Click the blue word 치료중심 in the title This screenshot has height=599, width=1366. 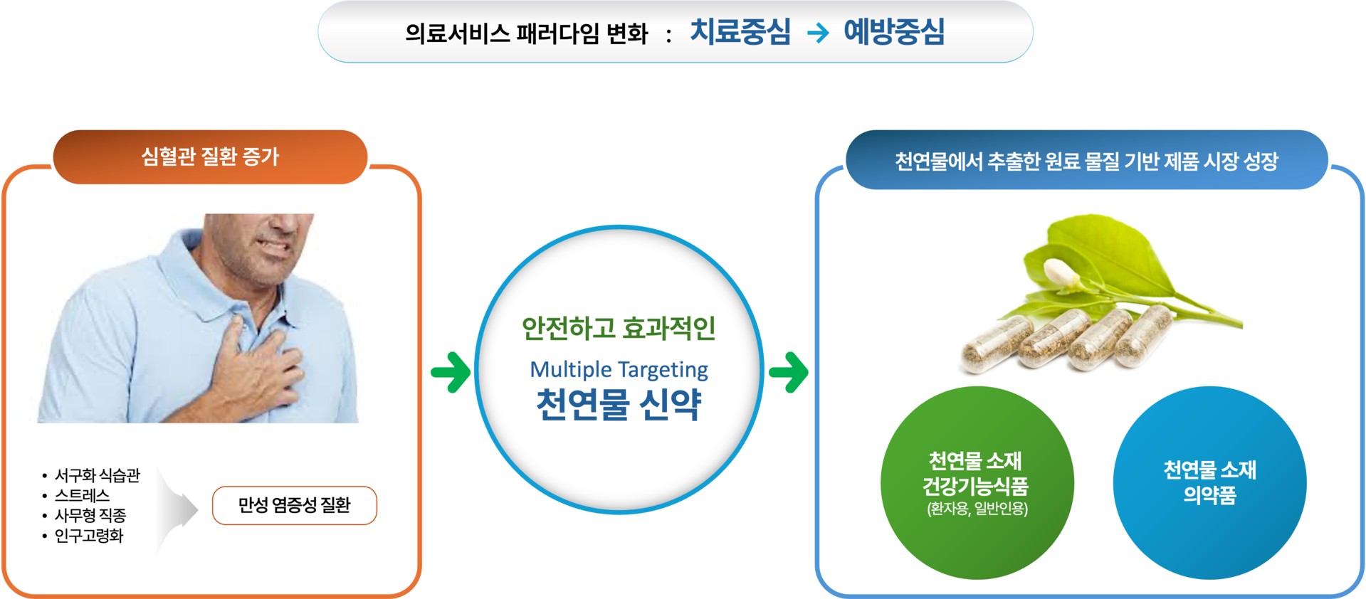[x=740, y=32]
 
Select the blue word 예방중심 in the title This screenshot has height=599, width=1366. [x=894, y=32]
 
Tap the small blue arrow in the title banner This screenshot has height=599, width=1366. [x=818, y=33]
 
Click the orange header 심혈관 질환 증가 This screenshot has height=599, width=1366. [x=210, y=157]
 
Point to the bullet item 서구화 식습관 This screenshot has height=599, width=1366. [x=98, y=475]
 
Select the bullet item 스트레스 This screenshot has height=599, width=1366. [x=83, y=495]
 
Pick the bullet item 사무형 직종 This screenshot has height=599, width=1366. [x=90, y=515]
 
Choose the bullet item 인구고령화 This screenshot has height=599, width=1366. [x=89, y=535]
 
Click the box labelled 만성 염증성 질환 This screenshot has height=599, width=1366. [x=295, y=505]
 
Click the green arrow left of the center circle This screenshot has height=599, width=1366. [x=451, y=371]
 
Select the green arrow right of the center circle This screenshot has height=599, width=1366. [x=789, y=371]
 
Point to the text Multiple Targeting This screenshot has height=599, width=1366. [x=619, y=369]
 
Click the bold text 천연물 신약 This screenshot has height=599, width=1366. [x=619, y=404]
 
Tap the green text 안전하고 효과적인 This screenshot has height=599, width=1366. [x=619, y=328]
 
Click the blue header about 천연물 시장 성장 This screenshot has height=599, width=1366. [x=1087, y=160]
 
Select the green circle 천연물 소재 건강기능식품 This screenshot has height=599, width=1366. [x=977, y=483]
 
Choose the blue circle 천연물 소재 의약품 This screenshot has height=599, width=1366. [x=1209, y=483]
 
